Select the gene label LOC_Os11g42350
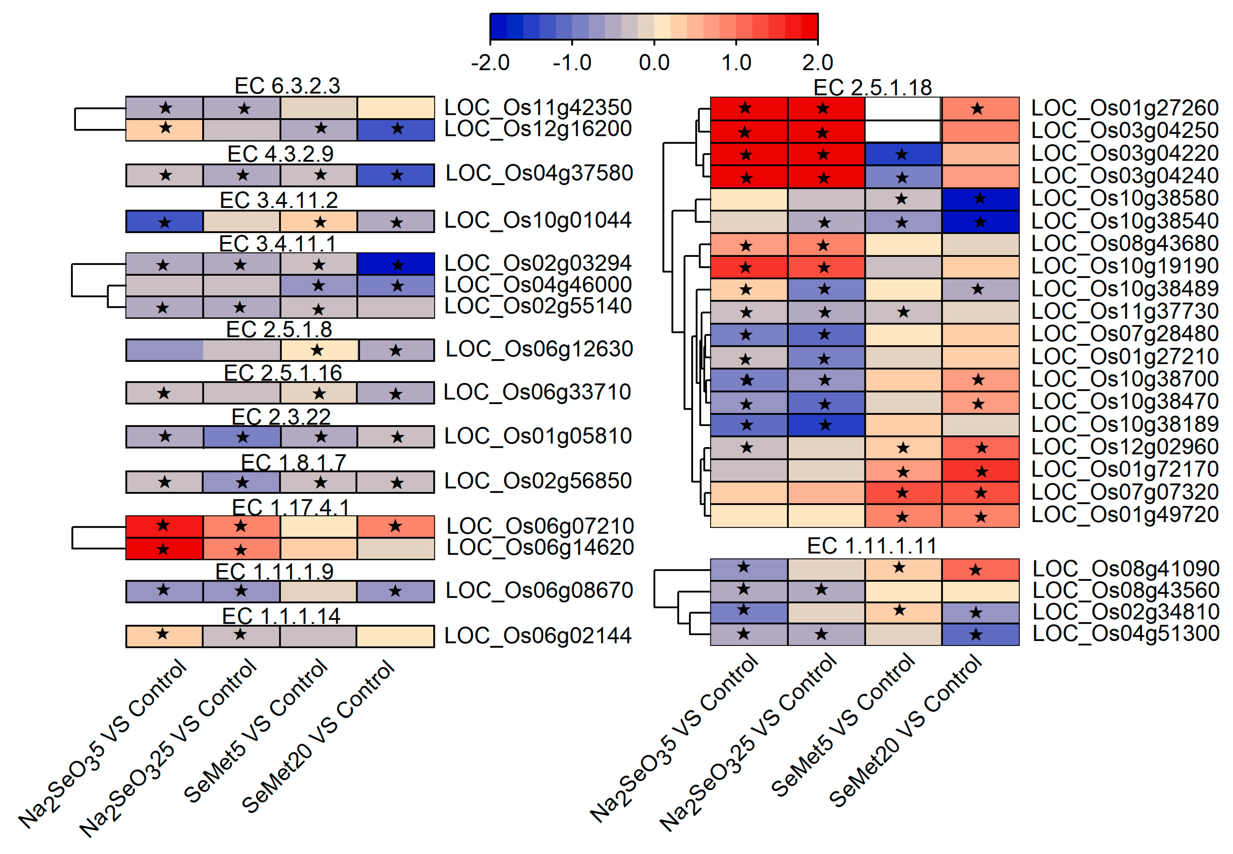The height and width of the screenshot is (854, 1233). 538,107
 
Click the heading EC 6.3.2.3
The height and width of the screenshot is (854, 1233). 287,86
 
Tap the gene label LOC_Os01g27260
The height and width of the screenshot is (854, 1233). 1125,108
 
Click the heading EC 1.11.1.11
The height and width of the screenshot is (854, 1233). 871,546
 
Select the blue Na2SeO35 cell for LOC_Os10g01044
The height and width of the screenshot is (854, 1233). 164,221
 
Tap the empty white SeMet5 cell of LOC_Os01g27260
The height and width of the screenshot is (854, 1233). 903,109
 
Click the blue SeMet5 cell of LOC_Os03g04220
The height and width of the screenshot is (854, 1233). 903,155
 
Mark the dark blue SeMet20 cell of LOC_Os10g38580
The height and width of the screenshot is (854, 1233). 980,199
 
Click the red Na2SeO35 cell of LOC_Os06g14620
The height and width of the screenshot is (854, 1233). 164,549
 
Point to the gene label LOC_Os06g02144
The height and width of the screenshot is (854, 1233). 538,636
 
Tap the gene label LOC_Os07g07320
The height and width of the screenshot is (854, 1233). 1125,492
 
